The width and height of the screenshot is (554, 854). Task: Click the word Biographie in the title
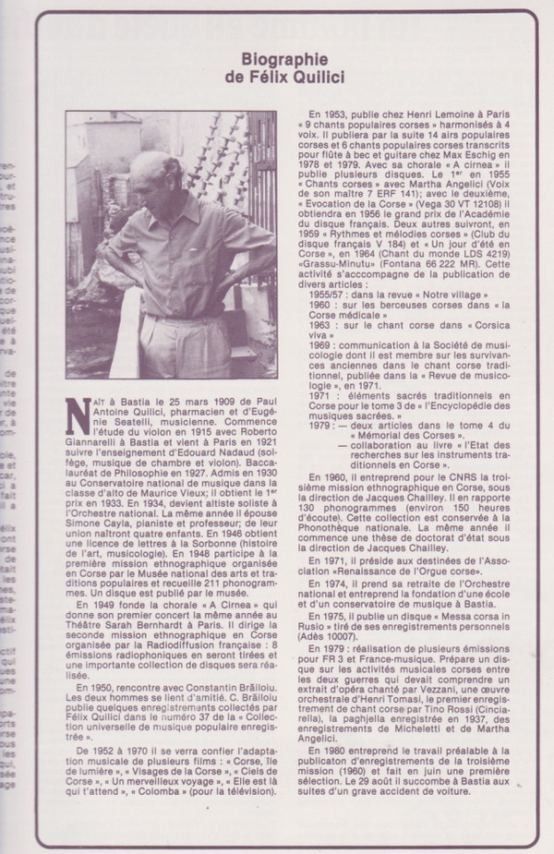[x=278, y=54]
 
